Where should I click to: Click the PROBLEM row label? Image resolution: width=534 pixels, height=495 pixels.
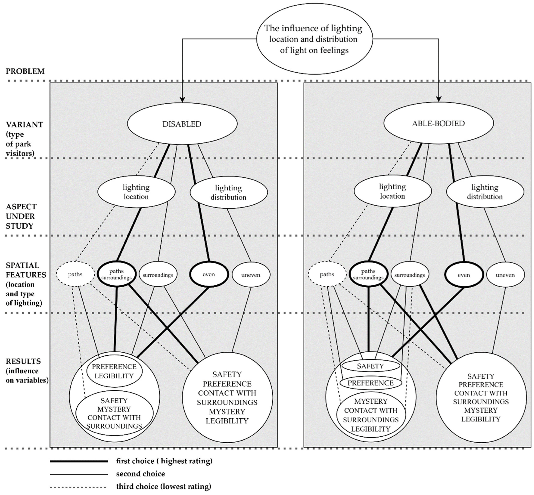[25, 71]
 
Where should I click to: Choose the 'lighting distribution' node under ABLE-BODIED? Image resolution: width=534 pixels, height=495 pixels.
[485, 192]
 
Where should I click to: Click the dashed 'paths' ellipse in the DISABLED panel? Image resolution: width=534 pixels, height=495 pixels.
[75, 274]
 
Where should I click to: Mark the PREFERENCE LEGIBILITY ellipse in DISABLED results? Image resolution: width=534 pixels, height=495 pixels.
[114, 371]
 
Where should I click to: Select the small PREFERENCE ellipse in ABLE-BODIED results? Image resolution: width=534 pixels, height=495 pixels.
[370, 383]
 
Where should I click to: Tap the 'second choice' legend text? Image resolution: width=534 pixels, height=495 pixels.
[140, 474]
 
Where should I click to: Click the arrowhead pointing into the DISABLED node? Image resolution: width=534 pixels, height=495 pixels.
[182, 100]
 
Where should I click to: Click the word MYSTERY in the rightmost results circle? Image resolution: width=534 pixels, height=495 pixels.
[481, 410]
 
